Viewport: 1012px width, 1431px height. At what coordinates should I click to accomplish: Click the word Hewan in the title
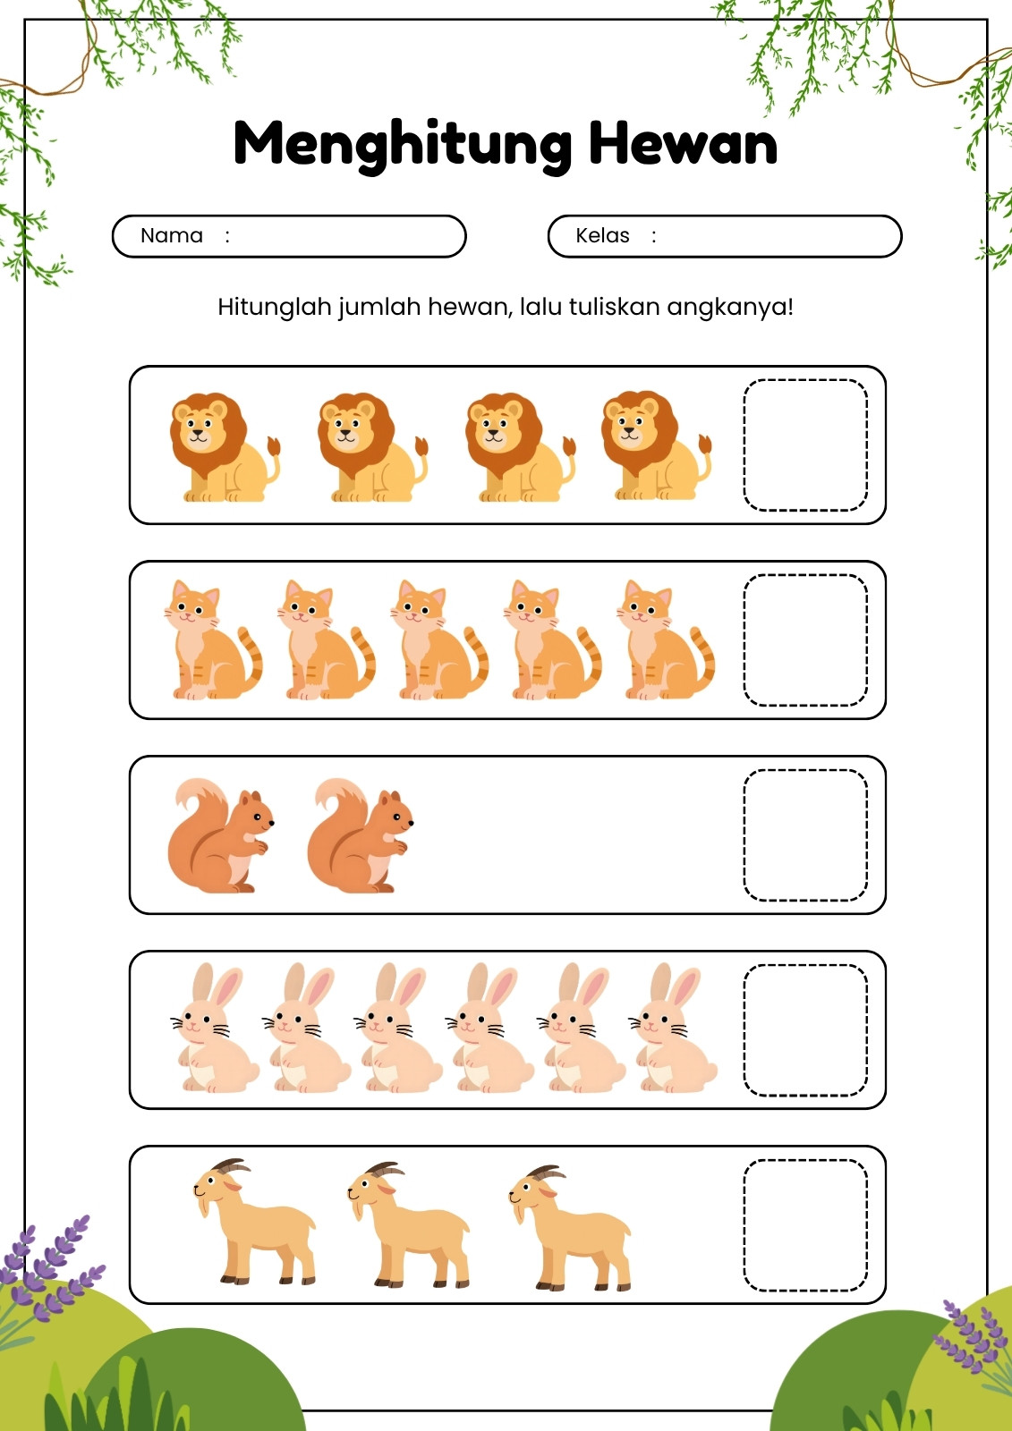[x=683, y=142]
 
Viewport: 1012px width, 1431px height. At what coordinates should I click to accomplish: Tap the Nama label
[x=171, y=236]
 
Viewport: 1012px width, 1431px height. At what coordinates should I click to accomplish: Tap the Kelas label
[x=602, y=236]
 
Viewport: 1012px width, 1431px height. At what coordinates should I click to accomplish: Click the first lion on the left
[x=225, y=447]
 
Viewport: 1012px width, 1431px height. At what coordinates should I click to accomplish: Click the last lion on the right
[x=656, y=445]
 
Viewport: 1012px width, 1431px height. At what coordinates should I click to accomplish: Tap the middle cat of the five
[x=439, y=639]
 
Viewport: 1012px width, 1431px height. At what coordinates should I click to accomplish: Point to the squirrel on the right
[x=360, y=835]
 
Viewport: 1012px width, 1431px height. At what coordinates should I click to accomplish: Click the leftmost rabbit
[x=214, y=1028]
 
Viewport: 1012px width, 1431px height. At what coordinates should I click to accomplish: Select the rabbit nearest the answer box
[x=673, y=1028]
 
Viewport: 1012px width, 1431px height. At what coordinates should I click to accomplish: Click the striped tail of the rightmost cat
[x=703, y=661]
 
